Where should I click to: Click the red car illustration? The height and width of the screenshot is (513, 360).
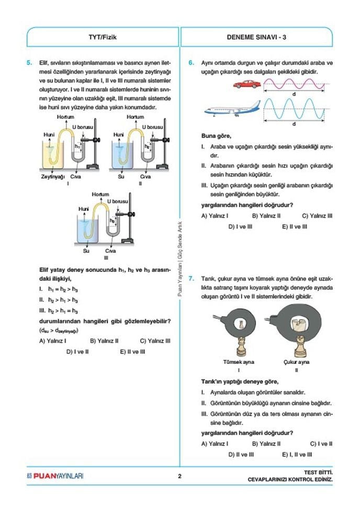[246, 84]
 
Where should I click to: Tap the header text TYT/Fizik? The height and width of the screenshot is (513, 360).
[103, 37]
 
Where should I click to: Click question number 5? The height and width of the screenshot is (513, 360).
[30, 63]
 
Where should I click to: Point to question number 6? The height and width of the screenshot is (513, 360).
[192, 63]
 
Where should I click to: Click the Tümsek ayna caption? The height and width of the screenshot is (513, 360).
[238, 362]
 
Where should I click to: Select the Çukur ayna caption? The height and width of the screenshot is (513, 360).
[296, 362]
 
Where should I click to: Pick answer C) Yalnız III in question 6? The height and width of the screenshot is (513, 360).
[317, 216]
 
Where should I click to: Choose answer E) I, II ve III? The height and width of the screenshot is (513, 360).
[297, 454]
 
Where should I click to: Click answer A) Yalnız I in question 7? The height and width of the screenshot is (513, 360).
[215, 443]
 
